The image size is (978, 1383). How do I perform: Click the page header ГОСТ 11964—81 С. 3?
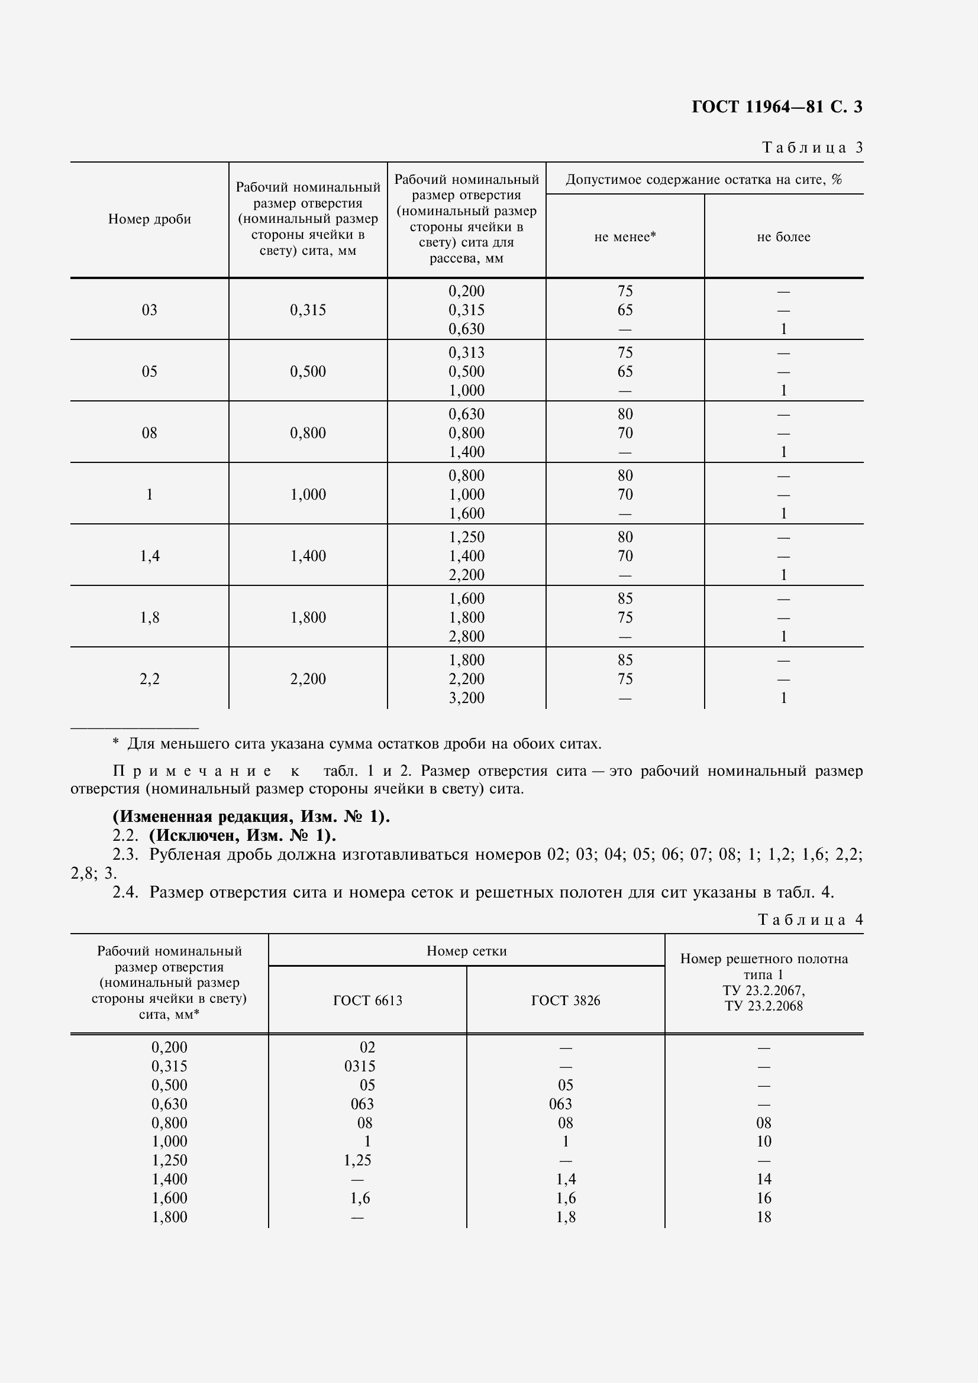[776, 107]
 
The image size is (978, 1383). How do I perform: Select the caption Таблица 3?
[812, 148]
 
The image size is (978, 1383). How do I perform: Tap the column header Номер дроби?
[150, 219]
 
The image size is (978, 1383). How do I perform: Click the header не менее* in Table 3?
[624, 237]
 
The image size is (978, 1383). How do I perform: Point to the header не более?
[783, 237]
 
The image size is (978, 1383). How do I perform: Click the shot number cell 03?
[150, 310]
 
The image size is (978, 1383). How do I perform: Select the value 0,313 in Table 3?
[466, 352]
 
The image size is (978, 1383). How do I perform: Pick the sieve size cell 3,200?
[466, 698]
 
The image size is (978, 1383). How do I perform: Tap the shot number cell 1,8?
[150, 617]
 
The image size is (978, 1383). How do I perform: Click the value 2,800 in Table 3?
[466, 637]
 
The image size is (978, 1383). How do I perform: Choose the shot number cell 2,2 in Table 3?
[150, 679]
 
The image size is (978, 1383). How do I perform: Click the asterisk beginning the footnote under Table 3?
[116, 743]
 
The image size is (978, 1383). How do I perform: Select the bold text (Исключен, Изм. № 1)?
[242, 836]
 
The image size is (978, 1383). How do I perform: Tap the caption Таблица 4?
[810, 920]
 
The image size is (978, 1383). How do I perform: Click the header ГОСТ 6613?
[367, 1000]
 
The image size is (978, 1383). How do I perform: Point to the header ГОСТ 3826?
[565, 1000]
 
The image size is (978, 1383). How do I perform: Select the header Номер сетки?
[466, 951]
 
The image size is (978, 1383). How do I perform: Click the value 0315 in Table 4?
[360, 1066]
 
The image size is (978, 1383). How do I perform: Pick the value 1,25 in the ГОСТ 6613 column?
[357, 1160]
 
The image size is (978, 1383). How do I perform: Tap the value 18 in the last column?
[763, 1217]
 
